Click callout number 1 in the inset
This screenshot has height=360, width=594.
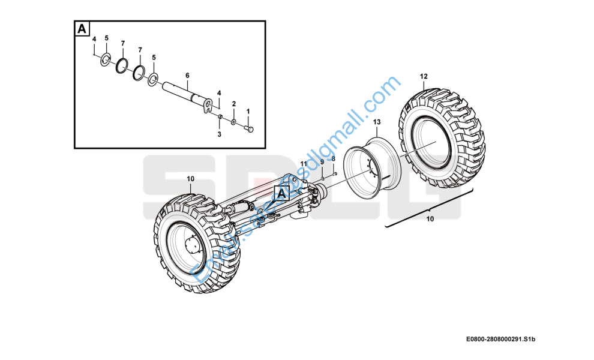248,112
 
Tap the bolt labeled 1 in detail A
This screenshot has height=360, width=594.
250,128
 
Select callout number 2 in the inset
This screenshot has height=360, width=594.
234,104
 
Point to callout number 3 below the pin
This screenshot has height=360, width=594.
219,134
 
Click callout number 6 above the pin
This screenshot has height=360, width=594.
187,75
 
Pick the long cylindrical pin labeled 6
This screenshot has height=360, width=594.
183,91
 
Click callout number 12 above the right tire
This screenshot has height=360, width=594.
424,76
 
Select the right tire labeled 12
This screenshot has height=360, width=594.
444,138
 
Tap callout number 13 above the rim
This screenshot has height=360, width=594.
377,122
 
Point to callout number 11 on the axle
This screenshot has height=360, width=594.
303,164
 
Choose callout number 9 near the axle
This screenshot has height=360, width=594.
322,162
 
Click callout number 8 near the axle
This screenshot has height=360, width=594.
333,158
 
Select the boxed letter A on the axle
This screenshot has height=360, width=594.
281,193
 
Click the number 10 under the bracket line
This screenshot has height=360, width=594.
430,219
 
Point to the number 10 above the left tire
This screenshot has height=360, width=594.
190,179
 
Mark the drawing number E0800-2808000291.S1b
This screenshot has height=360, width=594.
500,340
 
